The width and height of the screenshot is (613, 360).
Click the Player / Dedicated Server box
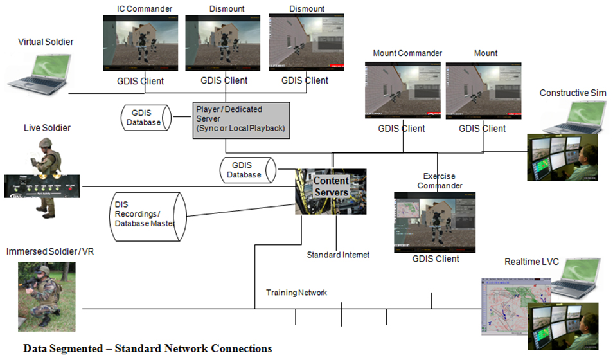(x=240, y=119)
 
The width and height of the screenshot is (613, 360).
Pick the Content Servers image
(x=331, y=192)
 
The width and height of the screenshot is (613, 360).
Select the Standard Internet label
(x=338, y=255)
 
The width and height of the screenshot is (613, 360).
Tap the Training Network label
(x=296, y=292)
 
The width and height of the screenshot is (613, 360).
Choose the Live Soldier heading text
(x=48, y=128)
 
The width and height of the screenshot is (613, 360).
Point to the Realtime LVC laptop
(x=575, y=278)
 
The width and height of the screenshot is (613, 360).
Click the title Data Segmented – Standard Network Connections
(x=147, y=348)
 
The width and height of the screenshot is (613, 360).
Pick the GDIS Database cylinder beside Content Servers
(x=247, y=170)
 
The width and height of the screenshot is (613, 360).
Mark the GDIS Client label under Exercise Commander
(x=436, y=258)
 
